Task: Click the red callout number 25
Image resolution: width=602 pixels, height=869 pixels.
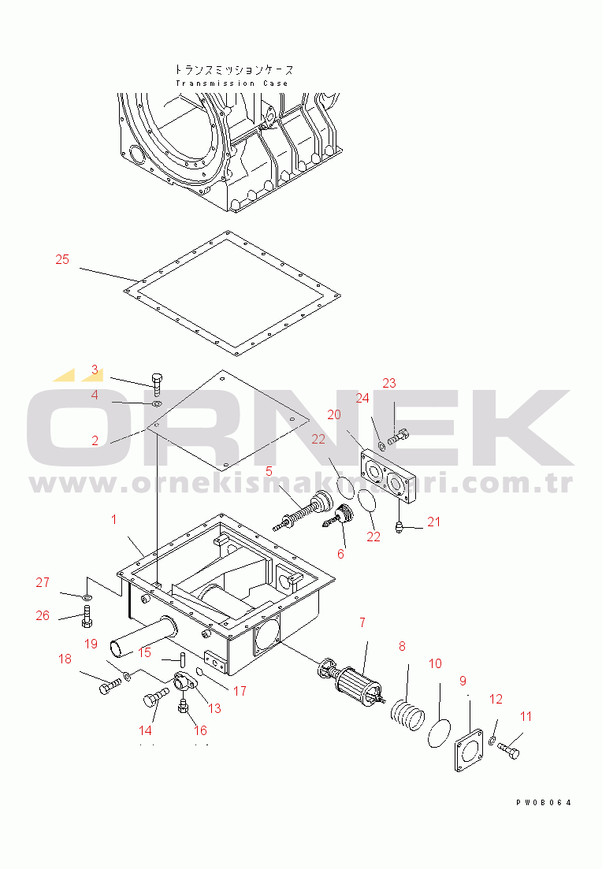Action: [62, 259]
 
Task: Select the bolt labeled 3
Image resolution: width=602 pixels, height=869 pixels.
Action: [158, 383]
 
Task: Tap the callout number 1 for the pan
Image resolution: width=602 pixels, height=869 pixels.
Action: [113, 519]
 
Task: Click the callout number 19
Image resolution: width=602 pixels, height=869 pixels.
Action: [91, 644]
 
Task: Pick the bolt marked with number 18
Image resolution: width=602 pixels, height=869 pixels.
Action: [109, 688]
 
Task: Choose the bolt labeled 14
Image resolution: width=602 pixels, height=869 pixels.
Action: [156, 696]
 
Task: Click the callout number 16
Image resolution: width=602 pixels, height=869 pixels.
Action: [199, 730]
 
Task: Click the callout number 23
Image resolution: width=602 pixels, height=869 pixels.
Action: [388, 383]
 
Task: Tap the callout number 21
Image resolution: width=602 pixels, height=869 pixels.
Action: [434, 521]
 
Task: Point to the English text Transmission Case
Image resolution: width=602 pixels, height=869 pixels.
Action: [232, 84]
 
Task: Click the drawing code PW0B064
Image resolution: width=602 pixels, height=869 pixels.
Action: [544, 802]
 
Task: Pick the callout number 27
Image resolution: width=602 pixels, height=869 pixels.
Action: [43, 583]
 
